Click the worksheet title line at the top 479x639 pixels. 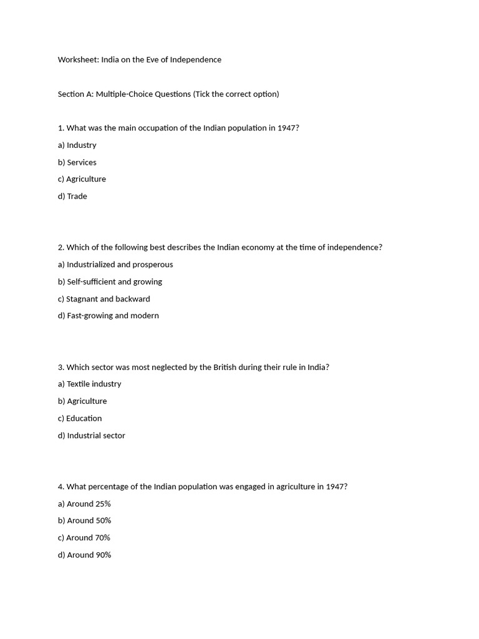(x=139, y=60)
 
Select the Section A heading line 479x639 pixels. (x=168, y=94)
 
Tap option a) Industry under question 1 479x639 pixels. (x=77, y=145)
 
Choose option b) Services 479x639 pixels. (x=77, y=162)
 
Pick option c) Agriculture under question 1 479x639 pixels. (x=82, y=179)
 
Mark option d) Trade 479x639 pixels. (x=72, y=197)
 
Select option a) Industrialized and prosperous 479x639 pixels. (x=115, y=265)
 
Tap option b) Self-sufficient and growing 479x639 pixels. (x=110, y=282)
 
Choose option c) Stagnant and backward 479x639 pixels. (x=104, y=299)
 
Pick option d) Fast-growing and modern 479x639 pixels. (x=109, y=316)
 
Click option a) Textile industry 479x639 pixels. (x=90, y=384)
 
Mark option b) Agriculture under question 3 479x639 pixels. (x=82, y=401)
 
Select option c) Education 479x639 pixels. (x=80, y=419)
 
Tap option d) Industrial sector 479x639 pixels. (x=92, y=436)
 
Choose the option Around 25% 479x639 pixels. (x=84, y=504)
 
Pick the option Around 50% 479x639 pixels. (x=84, y=520)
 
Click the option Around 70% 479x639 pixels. (x=84, y=538)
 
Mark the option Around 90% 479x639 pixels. (x=84, y=555)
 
